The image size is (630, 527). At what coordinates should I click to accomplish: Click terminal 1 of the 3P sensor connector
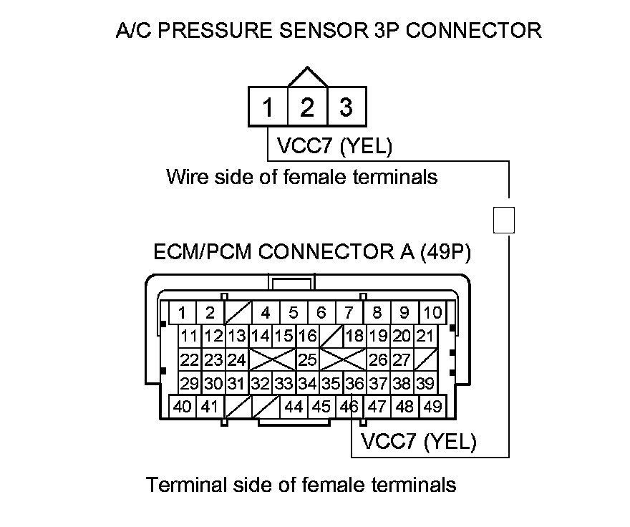(268, 107)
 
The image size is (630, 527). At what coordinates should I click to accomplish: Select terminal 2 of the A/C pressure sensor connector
(307, 107)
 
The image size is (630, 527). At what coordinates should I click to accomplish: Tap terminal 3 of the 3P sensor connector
(346, 107)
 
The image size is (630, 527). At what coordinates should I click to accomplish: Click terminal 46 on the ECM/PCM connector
(349, 407)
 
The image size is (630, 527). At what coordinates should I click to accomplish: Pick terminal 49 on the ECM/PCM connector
(432, 407)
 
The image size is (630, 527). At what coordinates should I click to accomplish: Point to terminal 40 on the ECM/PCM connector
(183, 407)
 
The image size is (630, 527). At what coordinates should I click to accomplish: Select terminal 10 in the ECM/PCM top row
(432, 312)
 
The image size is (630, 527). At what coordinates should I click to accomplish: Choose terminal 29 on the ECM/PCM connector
(189, 383)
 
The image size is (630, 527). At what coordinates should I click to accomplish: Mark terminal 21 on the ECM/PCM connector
(425, 336)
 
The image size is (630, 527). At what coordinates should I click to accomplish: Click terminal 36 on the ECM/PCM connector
(354, 383)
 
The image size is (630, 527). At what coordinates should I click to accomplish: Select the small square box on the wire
(505, 219)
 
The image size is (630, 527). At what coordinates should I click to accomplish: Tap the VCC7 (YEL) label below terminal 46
(419, 441)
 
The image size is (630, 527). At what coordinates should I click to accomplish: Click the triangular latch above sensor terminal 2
(307, 77)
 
